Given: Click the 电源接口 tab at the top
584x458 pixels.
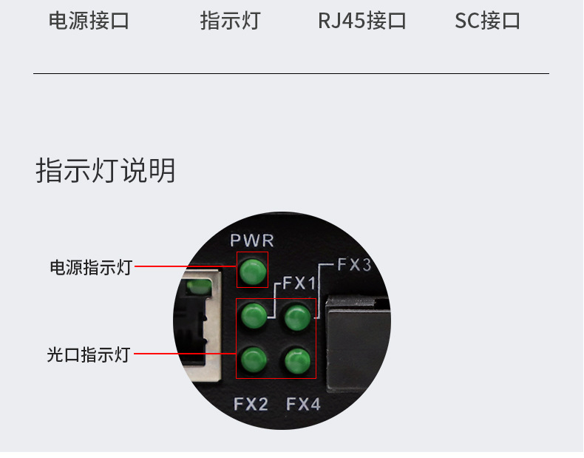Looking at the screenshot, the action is pyautogui.click(x=89, y=21).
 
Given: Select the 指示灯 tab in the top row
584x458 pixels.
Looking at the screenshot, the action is pyautogui.click(x=230, y=21).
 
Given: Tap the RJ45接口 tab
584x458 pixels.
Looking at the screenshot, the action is pyautogui.click(x=362, y=21).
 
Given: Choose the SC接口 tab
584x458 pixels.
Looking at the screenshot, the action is pyautogui.click(x=487, y=21).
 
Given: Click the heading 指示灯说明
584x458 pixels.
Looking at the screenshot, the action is pyautogui.click(x=106, y=171).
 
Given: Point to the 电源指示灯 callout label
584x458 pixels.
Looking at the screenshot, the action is pyautogui.click(x=90, y=267).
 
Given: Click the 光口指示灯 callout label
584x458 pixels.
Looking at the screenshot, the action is pyautogui.click(x=89, y=354).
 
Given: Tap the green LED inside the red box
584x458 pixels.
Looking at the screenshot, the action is pyautogui.click(x=253, y=270).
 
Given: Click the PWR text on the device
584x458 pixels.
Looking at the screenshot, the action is pyautogui.click(x=252, y=240).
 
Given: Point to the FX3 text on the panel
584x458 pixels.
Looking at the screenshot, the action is pyautogui.click(x=354, y=265).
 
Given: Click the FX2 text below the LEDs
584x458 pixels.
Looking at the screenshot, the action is pyautogui.click(x=251, y=404).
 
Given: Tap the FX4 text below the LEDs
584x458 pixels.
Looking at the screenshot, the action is pyautogui.click(x=303, y=404).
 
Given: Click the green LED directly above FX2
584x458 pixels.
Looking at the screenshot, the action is pyautogui.click(x=254, y=360).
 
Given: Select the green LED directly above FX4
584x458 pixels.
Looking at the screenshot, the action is pyautogui.click(x=297, y=361).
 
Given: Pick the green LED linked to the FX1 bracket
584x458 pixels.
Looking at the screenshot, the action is pyautogui.click(x=254, y=317).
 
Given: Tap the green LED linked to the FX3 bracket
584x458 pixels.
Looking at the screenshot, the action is pyautogui.click(x=297, y=317).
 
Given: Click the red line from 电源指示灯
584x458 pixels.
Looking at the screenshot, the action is pyautogui.click(x=185, y=267).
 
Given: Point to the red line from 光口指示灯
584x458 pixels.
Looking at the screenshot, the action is pyautogui.click(x=185, y=354).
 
